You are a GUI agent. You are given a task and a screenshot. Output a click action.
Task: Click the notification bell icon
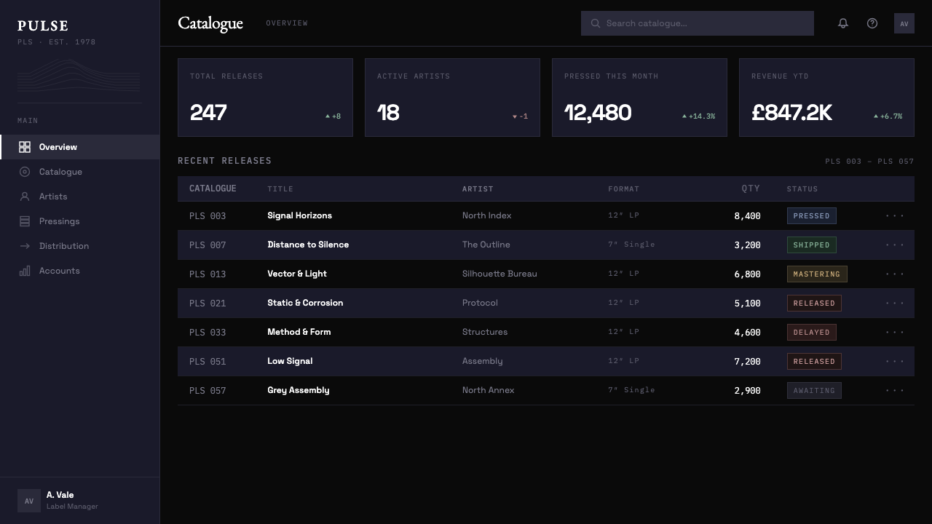(x=843, y=23)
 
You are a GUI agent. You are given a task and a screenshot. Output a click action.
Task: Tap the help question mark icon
(x=872, y=23)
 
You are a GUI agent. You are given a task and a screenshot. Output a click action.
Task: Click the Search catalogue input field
(x=698, y=23)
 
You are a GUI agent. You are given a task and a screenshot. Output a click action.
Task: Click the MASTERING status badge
(x=817, y=274)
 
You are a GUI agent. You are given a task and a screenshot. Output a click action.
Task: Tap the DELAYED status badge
(x=811, y=333)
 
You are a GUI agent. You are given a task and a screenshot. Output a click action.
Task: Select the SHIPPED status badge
(x=811, y=245)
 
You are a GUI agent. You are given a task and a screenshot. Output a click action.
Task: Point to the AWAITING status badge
(x=814, y=391)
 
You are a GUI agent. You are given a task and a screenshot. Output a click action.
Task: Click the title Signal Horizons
(x=299, y=215)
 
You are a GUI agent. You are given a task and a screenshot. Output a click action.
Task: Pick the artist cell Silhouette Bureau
(x=499, y=274)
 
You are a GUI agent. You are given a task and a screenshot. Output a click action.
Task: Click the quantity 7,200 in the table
(x=747, y=362)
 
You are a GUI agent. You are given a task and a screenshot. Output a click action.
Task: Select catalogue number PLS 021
(x=208, y=303)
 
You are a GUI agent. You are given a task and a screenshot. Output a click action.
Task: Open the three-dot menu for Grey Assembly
(x=895, y=391)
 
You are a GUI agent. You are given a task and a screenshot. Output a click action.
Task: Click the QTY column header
(x=751, y=188)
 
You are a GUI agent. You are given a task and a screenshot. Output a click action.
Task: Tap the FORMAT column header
(x=623, y=188)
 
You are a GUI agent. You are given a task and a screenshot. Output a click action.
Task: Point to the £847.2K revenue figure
(x=791, y=112)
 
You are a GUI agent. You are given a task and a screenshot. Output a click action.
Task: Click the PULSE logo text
(x=43, y=25)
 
